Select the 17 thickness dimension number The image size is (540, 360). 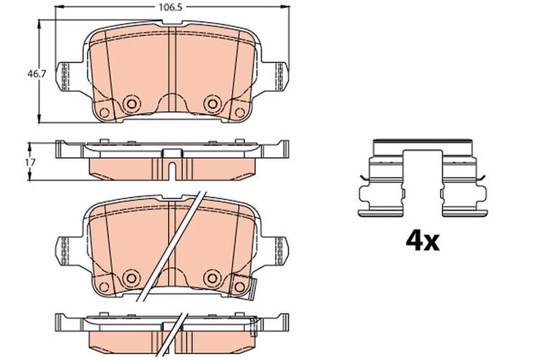point(28,162)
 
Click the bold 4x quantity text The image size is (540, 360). point(421,240)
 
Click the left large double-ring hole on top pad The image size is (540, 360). point(131,103)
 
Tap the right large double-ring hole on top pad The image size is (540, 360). point(213,103)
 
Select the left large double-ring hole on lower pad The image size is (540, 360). point(131,277)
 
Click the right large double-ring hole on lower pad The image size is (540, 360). point(213,277)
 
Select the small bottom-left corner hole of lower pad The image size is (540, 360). point(104,287)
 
